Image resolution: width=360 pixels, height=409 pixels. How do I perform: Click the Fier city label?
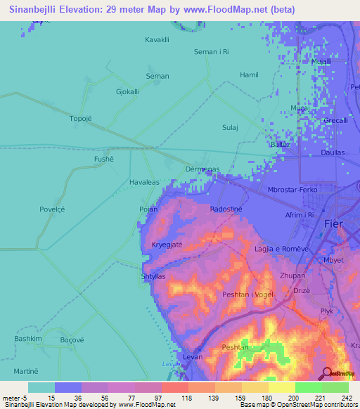click(334, 223)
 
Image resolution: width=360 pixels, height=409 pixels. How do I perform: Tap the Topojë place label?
click(81, 118)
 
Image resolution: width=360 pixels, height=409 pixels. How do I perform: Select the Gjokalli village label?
click(127, 91)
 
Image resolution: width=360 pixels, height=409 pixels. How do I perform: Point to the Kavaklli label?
click(157, 39)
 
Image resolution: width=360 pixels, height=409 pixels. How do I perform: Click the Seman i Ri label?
click(212, 52)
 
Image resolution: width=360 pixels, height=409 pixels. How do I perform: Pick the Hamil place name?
click(250, 74)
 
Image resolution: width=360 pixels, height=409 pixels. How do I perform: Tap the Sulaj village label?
click(250, 127)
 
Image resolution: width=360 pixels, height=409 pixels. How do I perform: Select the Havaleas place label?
click(144, 182)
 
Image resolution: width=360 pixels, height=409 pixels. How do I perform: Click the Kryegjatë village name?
click(167, 245)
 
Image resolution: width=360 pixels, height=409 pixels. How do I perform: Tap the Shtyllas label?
click(153, 276)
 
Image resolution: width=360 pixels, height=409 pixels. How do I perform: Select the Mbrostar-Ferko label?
click(293, 190)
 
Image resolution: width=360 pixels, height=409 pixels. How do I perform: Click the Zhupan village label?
click(292, 276)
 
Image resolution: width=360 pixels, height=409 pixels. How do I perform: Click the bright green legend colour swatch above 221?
click(309, 387)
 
